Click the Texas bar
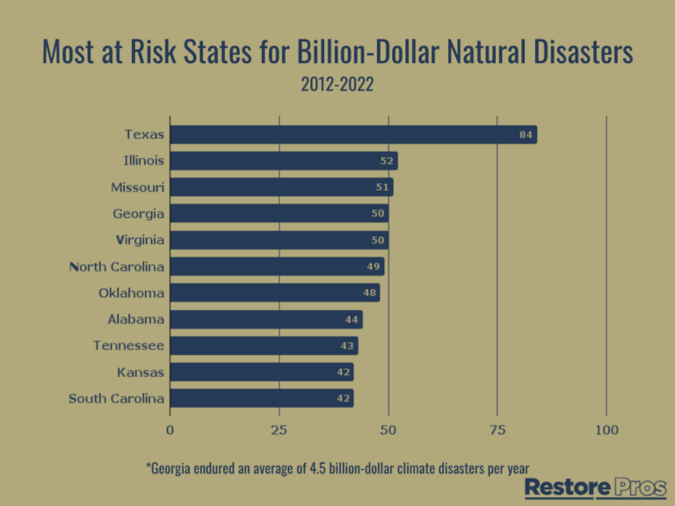352,134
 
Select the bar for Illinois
283,161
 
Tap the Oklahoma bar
274,293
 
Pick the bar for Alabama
265,319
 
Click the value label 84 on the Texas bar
526,134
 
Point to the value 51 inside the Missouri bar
382,187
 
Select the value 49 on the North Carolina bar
374,266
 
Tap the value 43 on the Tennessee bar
347,345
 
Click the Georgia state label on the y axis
138,213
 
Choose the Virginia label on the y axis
140,240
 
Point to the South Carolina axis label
116,399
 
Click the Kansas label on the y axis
141,372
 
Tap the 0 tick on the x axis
170,430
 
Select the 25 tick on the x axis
279,430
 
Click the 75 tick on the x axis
497,430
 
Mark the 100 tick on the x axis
606,430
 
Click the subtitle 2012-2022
337,84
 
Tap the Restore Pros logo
595,488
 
